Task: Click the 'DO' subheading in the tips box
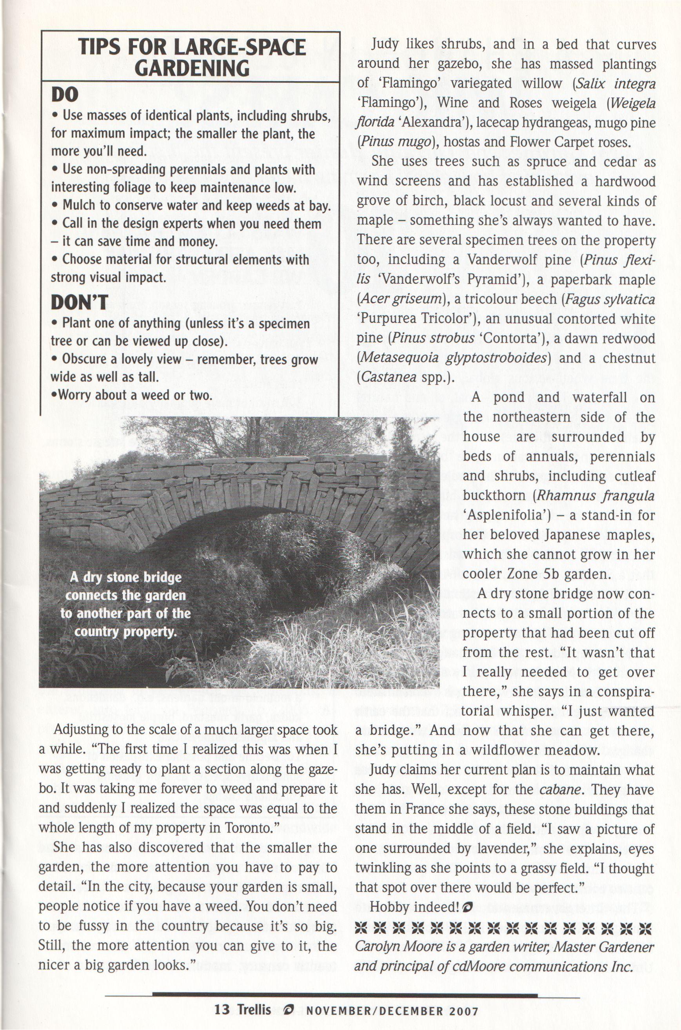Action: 65,94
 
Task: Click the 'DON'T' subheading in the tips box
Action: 79,302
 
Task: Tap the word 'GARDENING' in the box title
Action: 192,68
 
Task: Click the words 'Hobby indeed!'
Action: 414,907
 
